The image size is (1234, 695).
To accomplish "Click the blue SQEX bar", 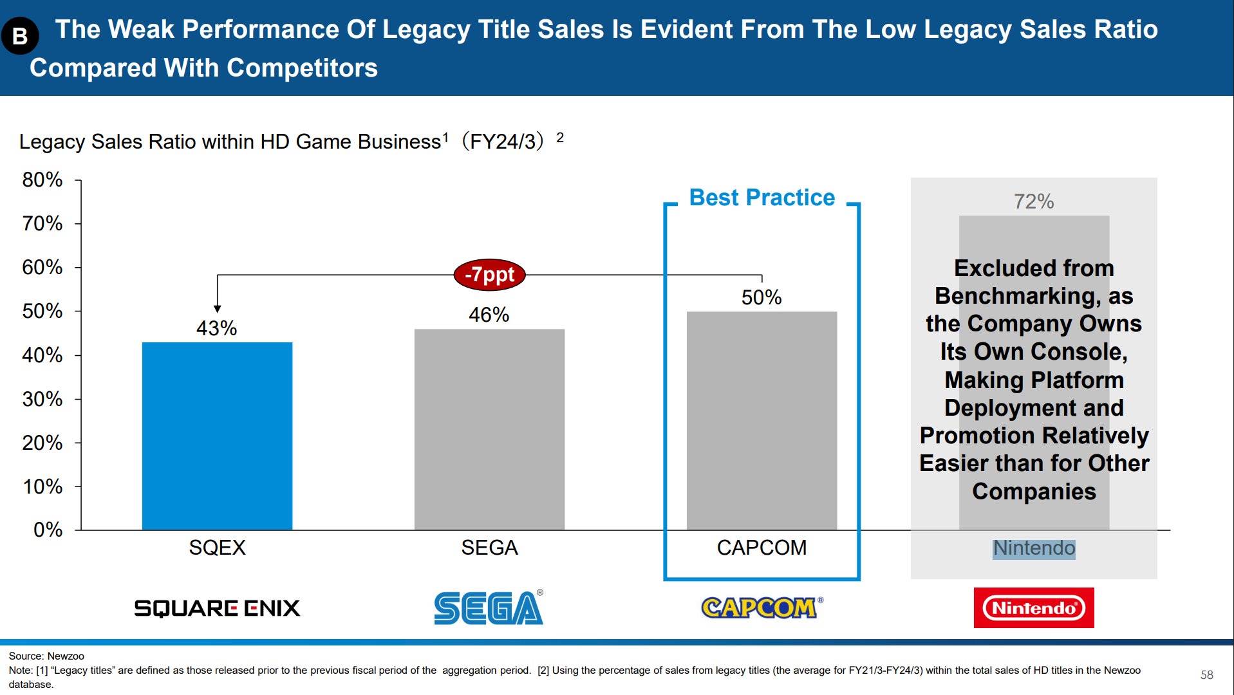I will pos(217,436).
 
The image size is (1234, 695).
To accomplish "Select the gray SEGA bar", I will pos(489,429).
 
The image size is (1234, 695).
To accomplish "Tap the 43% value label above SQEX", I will pos(216,328).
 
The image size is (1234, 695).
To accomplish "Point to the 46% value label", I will pos(489,315).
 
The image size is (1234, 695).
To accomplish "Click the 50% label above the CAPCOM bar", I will pos(761,297).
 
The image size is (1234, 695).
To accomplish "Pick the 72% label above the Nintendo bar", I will pos(1033,201).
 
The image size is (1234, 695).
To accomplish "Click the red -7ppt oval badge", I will pos(489,275).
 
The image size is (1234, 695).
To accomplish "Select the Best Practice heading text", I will pos(762,198).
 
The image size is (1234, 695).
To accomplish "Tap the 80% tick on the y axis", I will pos(42,180).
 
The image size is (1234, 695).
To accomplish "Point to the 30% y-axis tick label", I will pos(42,399).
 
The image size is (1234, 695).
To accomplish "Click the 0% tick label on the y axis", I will pos(48,530).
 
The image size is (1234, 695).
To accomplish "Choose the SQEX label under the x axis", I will pos(217,548).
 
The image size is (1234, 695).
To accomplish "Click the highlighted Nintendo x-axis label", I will pos(1034,548).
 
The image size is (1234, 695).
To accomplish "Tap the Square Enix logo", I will pos(217,608).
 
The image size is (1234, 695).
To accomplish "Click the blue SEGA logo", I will pos(489,608).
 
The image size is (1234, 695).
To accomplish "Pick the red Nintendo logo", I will pos(1033,607).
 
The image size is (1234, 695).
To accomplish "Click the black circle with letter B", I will pos(20,36).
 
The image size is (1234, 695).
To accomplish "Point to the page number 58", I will pos(1206,674).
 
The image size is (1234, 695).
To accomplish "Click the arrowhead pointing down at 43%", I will pos(218,309).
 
